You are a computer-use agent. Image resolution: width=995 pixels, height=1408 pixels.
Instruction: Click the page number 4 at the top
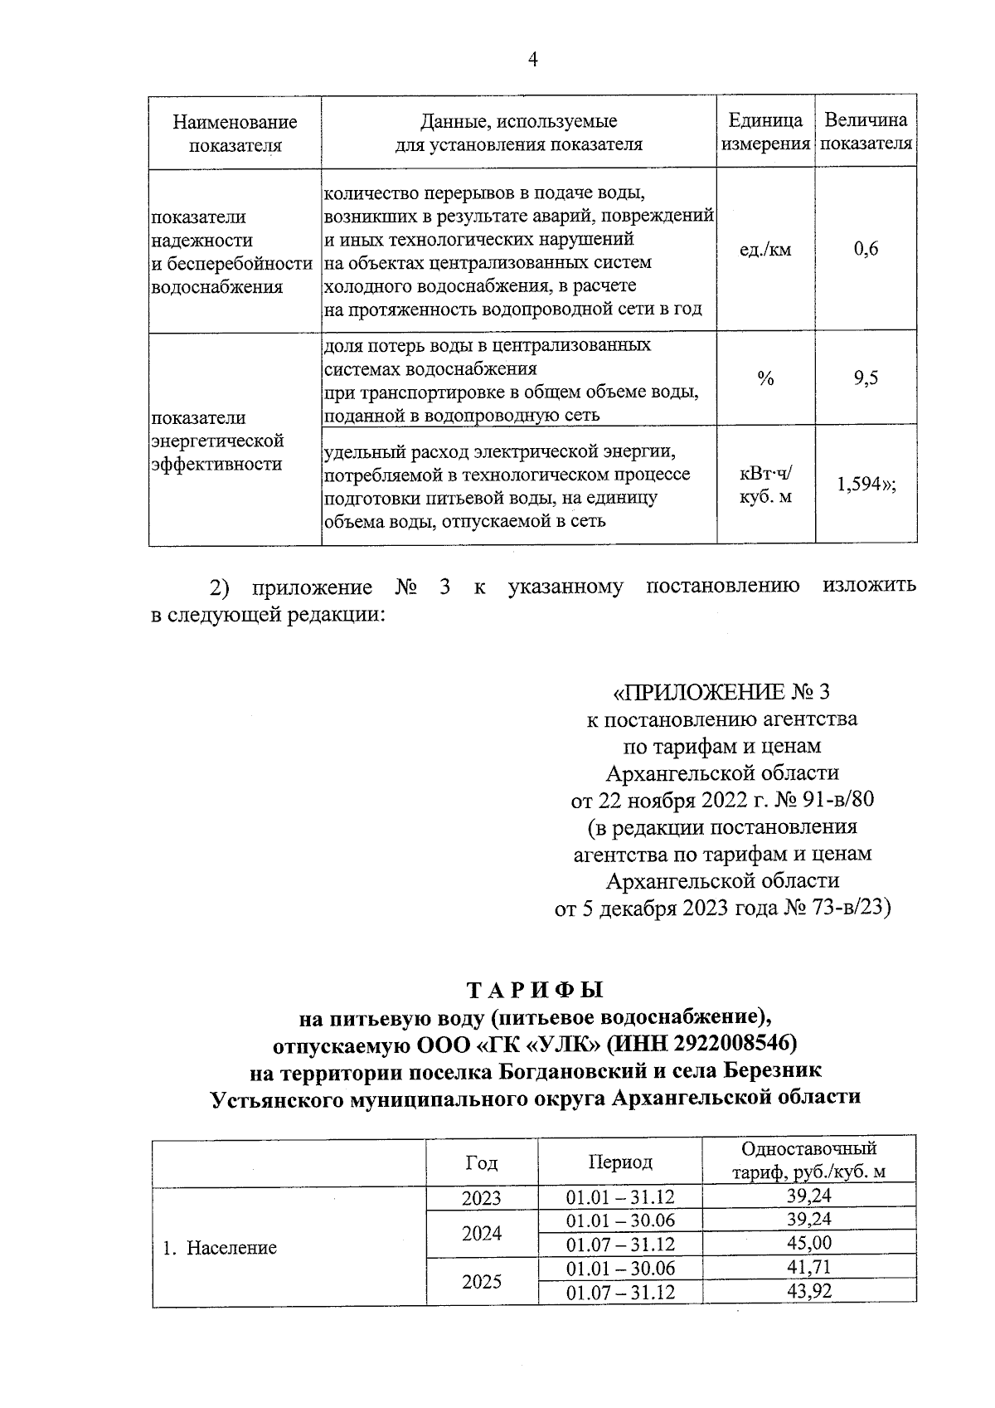(532, 60)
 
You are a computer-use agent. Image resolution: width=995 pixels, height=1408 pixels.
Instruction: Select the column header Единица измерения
(765, 132)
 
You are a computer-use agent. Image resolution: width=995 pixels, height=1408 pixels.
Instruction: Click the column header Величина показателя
(866, 132)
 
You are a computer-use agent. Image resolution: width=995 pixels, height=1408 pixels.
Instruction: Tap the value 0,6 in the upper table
(866, 249)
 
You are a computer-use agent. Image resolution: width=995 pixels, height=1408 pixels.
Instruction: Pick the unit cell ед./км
(764, 249)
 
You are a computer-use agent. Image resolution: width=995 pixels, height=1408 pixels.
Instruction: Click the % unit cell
(764, 379)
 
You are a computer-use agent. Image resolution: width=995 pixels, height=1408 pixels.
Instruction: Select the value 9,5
(866, 379)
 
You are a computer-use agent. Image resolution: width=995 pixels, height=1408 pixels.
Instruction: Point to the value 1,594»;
(866, 485)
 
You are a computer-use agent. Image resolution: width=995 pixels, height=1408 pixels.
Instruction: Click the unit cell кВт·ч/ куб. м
(764, 485)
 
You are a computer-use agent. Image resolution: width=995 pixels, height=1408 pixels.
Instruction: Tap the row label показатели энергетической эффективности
(217, 441)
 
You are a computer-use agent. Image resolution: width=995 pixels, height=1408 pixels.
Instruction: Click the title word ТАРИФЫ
(535, 991)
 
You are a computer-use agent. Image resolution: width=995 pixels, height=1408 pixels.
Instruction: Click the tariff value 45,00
(808, 1243)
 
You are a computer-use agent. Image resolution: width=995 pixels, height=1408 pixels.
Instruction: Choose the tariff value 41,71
(808, 1267)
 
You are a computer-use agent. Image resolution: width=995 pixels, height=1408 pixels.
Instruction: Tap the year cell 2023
(482, 1197)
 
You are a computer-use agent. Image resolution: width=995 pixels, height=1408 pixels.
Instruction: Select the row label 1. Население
(220, 1248)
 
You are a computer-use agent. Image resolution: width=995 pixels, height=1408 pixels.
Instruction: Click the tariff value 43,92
(808, 1291)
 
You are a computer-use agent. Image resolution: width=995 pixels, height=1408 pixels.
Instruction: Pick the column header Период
(619, 1162)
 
